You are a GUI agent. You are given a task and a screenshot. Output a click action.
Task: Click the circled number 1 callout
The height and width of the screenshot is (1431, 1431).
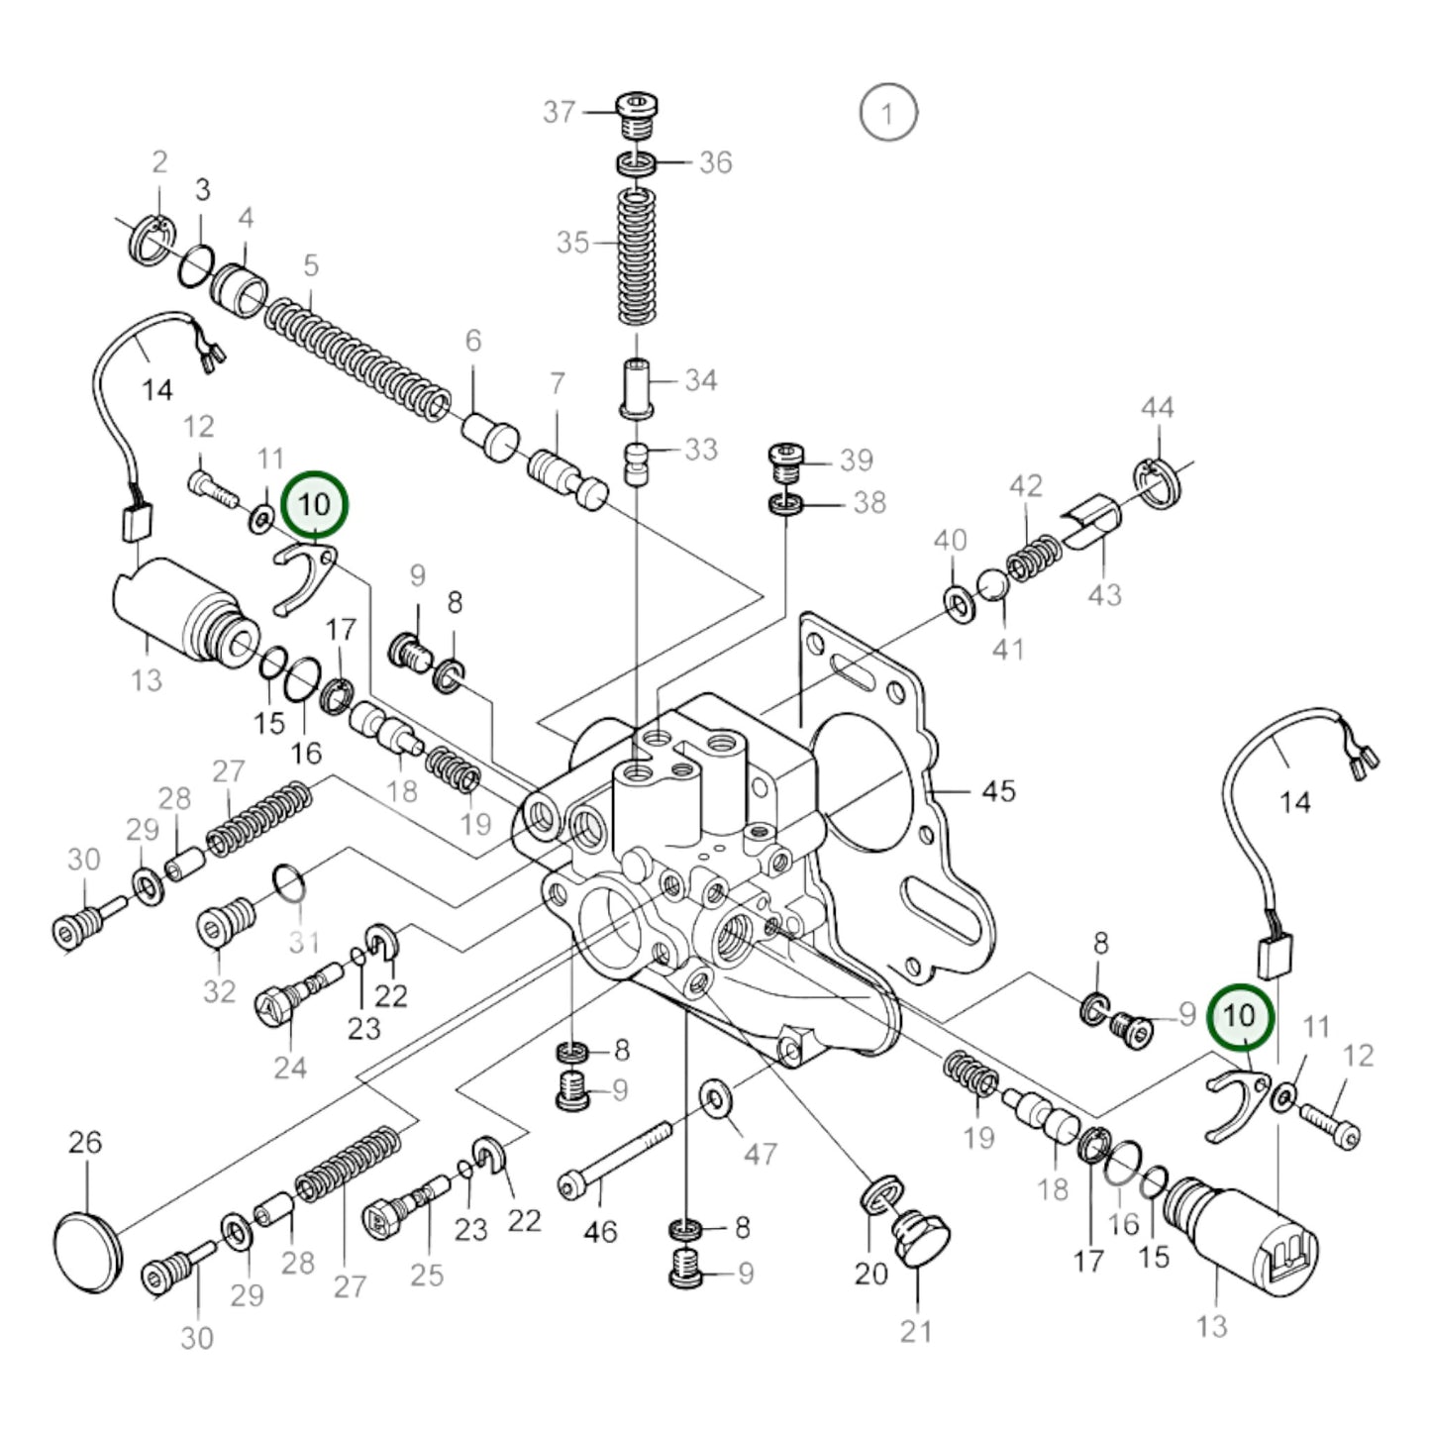pyautogui.click(x=887, y=113)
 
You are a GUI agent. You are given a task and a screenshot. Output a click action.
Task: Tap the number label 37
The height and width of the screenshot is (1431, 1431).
pyautogui.click(x=559, y=112)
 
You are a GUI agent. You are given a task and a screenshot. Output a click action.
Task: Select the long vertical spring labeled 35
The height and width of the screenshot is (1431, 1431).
pyautogui.click(x=637, y=256)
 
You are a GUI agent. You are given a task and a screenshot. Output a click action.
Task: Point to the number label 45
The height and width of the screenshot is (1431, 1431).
pyautogui.click(x=998, y=790)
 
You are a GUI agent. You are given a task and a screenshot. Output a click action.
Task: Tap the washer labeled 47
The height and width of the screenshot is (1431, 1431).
pyautogui.click(x=713, y=1096)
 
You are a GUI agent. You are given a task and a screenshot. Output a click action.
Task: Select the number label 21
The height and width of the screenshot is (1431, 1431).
pyautogui.click(x=916, y=1332)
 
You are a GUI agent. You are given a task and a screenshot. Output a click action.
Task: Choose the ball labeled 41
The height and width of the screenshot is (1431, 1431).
pyautogui.click(x=992, y=585)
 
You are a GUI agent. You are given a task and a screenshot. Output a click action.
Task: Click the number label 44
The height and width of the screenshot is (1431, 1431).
pyautogui.click(x=1157, y=407)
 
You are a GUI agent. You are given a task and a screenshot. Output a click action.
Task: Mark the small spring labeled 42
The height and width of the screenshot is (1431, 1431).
pyautogui.click(x=1034, y=557)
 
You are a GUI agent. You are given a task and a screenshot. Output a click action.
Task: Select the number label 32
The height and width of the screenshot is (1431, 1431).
pyautogui.click(x=219, y=990)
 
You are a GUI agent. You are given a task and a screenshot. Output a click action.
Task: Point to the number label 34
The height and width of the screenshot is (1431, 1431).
pyautogui.click(x=700, y=380)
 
